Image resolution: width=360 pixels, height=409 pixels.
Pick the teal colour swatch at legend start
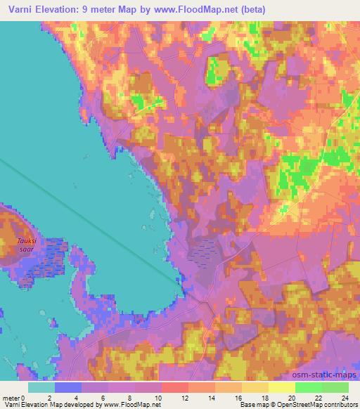41,387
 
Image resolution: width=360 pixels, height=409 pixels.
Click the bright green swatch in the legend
308,387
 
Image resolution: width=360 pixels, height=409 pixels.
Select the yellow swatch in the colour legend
281,387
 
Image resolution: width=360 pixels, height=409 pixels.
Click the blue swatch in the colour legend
67,387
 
